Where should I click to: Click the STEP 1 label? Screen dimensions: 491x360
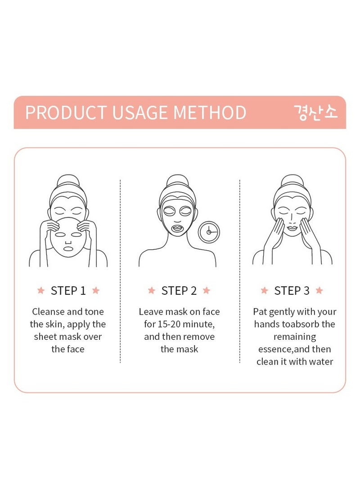(x=68, y=291)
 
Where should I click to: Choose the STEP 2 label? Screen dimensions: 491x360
(x=179, y=291)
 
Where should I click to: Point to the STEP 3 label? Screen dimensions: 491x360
(x=292, y=291)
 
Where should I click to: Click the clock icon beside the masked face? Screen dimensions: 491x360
(x=209, y=232)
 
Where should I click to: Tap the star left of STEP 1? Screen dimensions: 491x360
(x=41, y=291)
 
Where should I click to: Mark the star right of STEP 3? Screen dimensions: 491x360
(x=319, y=291)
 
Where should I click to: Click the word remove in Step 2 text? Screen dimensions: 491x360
(x=199, y=337)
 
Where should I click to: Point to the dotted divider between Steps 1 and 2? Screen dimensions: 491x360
(x=120, y=270)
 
